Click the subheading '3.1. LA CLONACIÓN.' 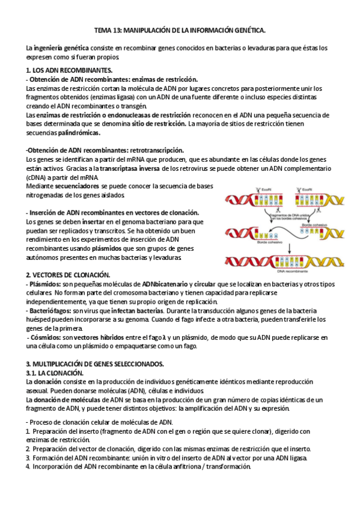pos(50,373)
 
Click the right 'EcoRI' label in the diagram pos(307,190)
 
